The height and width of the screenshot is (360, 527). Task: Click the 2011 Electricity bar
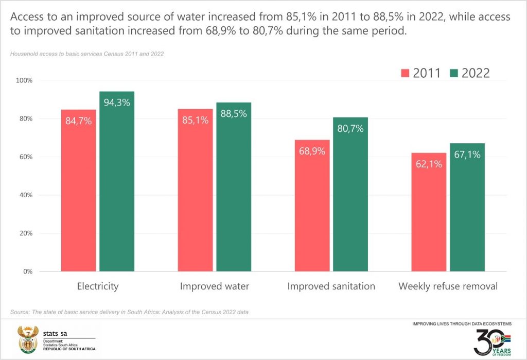[78, 196]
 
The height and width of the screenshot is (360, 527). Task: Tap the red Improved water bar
[195, 196]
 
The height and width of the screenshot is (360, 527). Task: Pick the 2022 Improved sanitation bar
[350, 201]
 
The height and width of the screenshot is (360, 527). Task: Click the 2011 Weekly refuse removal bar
[428, 216]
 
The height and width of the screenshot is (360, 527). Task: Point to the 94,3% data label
[117, 102]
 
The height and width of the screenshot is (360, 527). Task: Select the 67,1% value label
[467, 155]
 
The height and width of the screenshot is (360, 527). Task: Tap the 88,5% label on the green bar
[234, 113]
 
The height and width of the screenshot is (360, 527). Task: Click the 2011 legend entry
[420, 73]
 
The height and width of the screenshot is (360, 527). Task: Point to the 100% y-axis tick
[24, 81]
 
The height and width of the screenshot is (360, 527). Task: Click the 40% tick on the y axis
[26, 195]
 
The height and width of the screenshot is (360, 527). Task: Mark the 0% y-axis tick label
[28, 271]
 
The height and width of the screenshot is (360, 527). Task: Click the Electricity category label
[98, 286]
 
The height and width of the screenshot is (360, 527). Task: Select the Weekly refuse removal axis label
[448, 286]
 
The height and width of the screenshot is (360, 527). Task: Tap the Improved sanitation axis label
[331, 286]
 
